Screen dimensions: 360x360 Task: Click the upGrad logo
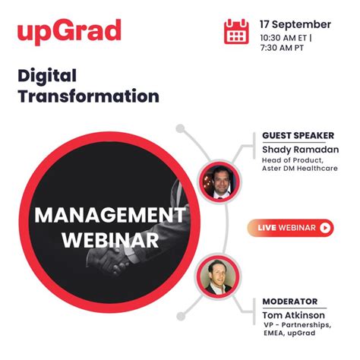pyautogui.click(x=69, y=33)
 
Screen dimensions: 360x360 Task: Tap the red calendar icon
pyautogui.click(x=236, y=31)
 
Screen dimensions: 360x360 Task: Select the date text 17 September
pyautogui.click(x=295, y=24)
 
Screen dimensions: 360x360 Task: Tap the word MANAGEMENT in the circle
pyautogui.click(x=109, y=215)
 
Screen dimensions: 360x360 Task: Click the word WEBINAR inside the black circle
pyautogui.click(x=110, y=240)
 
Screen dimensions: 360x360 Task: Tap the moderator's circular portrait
pyautogui.click(x=219, y=276)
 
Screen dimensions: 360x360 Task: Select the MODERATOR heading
pyautogui.click(x=289, y=302)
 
